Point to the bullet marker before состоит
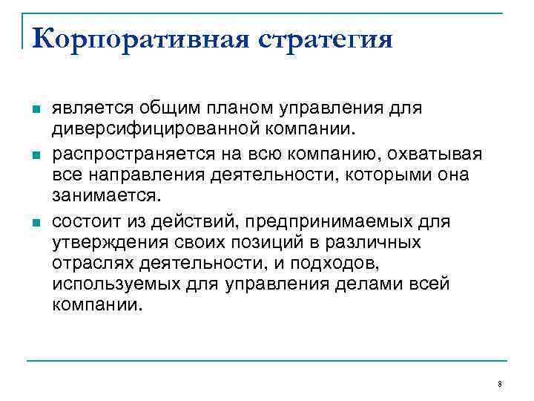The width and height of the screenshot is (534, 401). coord(34,221)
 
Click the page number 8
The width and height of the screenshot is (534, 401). coord(500,384)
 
